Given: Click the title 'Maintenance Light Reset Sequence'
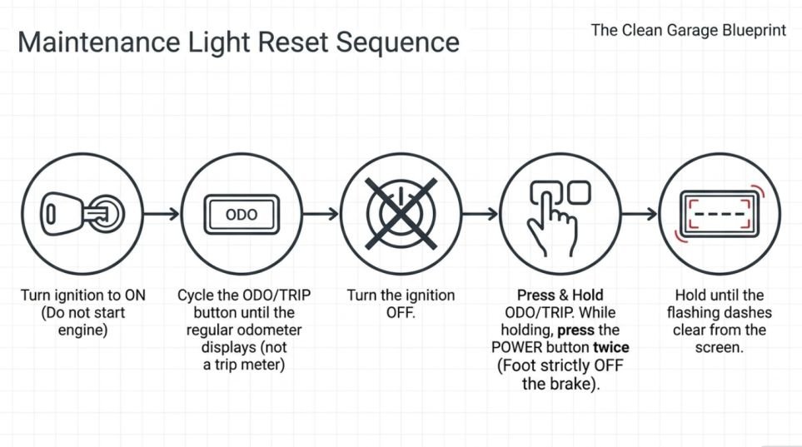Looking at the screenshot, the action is pyautogui.click(x=238, y=42).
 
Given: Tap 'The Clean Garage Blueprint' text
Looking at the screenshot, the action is pyautogui.click(x=689, y=30).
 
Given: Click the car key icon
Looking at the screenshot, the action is pyautogui.click(x=82, y=214).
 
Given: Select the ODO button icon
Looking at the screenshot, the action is pyautogui.click(x=242, y=214).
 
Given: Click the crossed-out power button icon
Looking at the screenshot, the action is pyautogui.click(x=401, y=214).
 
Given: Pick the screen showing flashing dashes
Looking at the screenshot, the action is pyautogui.click(x=720, y=214).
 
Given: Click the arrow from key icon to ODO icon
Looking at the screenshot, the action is pyautogui.click(x=162, y=214).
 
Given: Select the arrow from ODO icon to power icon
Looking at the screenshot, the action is pyautogui.click(x=321, y=214).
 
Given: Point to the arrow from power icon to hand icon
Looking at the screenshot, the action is pyautogui.click(x=481, y=214).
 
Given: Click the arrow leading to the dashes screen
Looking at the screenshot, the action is pyautogui.click(x=640, y=214).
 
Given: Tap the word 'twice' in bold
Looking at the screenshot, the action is pyautogui.click(x=611, y=348).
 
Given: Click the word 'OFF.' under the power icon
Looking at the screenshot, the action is pyautogui.click(x=401, y=312).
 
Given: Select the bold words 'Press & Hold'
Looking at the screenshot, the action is pyautogui.click(x=560, y=296).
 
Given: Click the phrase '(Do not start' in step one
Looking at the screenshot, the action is pyautogui.click(x=82, y=312).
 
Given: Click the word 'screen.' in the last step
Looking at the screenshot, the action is pyautogui.click(x=720, y=348).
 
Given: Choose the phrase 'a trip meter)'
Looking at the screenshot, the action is pyautogui.click(x=244, y=365).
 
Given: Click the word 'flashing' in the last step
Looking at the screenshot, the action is pyautogui.click(x=694, y=312).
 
